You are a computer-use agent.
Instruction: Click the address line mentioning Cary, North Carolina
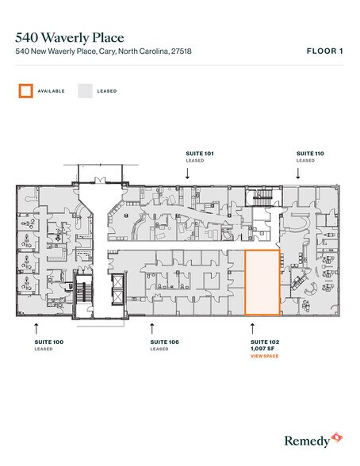(x=103, y=52)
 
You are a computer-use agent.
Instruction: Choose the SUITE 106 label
(x=163, y=342)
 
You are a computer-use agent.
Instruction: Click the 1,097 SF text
(x=261, y=349)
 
